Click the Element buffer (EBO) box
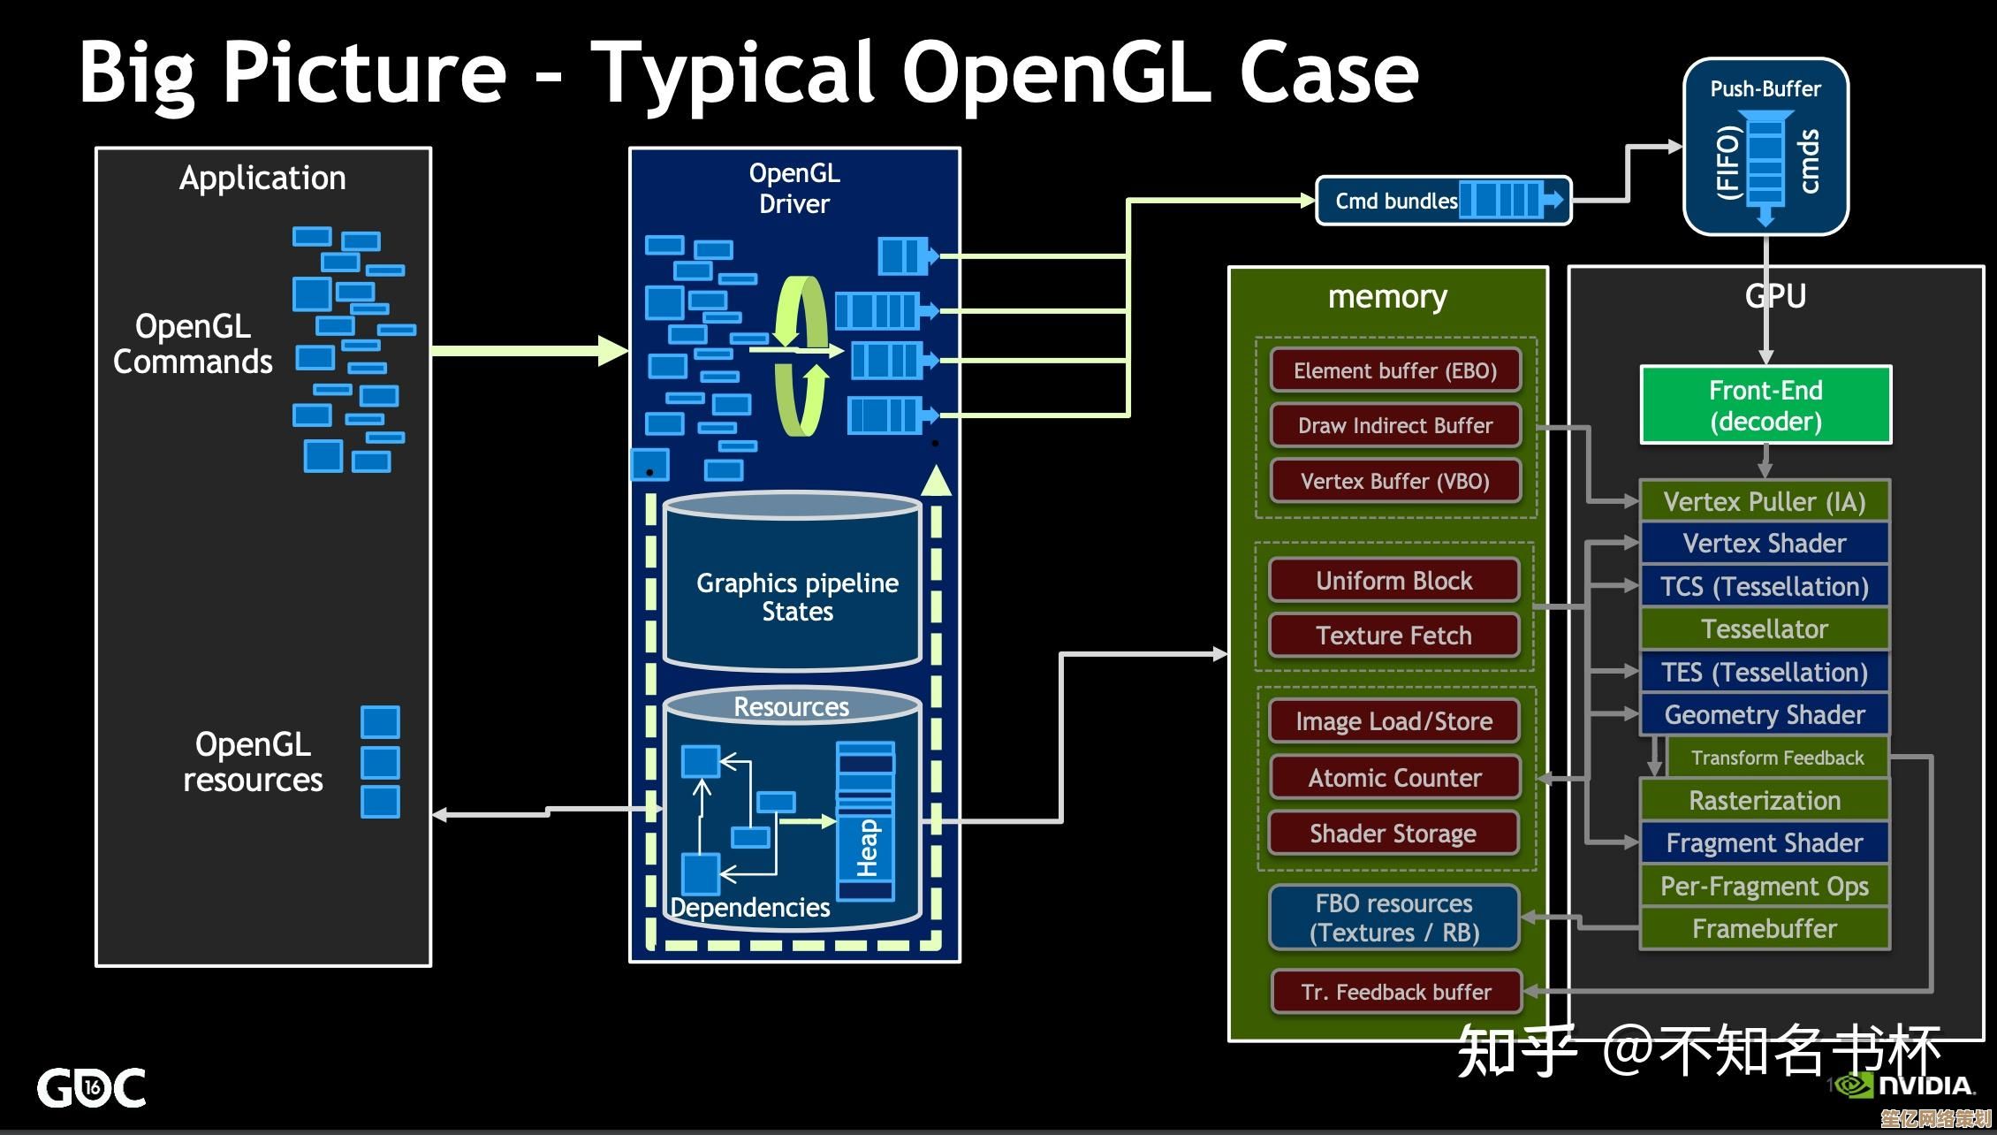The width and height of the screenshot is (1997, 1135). (1395, 370)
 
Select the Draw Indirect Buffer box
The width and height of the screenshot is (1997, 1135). (1395, 425)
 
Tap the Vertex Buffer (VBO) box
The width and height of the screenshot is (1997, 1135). (1395, 481)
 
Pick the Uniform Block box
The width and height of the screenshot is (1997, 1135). (1393, 581)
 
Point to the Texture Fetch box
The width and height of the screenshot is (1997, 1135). (1393, 636)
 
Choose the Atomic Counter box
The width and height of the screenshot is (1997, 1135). (1394, 778)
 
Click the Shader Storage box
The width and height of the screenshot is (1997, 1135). (1393, 834)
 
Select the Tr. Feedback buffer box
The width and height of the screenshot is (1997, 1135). (1396, 992)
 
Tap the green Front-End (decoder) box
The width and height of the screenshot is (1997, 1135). (1765, 405)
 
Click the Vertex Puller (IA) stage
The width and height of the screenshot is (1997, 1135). (1764, 501)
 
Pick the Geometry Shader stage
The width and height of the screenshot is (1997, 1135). (1764, 714)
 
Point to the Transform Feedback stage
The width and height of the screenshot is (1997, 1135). (1777, 758)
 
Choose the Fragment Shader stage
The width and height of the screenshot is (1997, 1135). (1764, 843)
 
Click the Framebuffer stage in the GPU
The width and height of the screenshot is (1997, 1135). (1764, 928)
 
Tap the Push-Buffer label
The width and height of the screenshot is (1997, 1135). (1765, 88)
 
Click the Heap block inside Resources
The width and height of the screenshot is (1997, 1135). (866, 822)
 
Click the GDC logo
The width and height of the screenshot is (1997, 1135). (91, 1087)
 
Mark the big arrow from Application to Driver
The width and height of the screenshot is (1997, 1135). (530, 351)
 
